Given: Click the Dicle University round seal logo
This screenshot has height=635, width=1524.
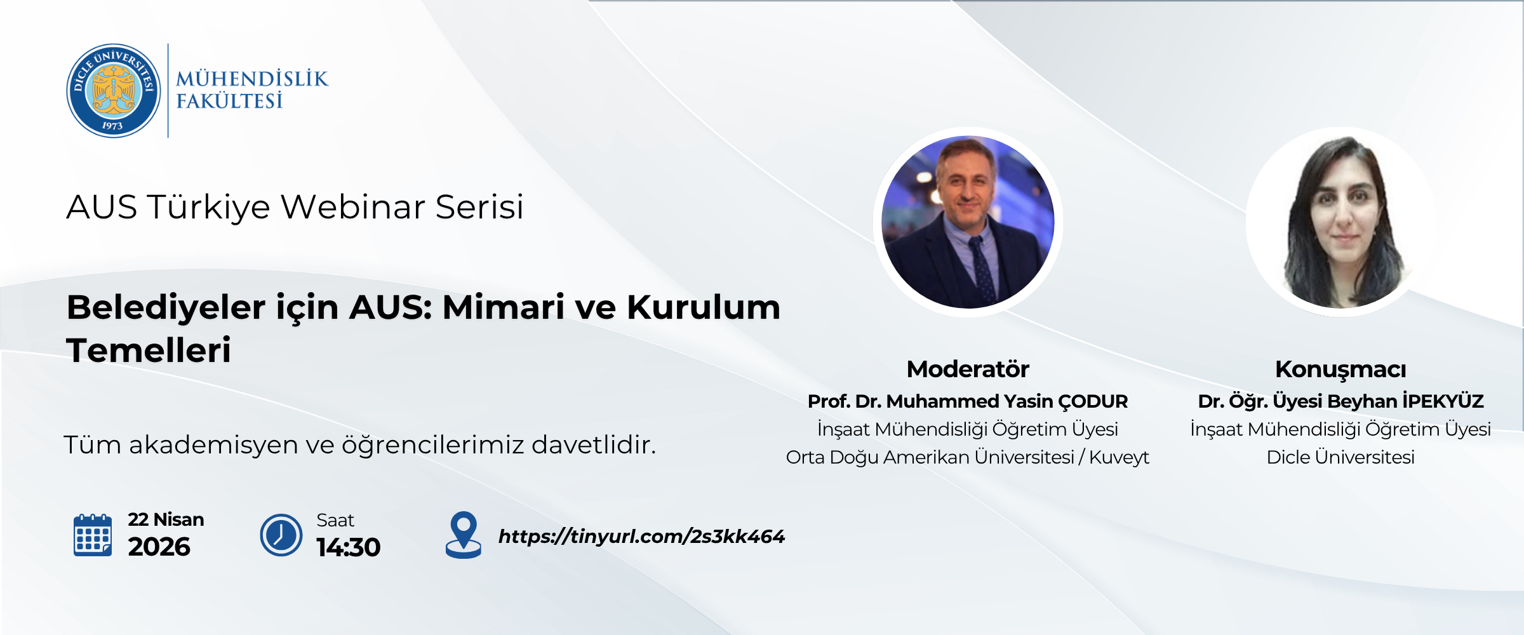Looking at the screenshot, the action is tap(114, 91).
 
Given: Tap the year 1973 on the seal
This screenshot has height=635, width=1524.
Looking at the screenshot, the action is tap(112, 126).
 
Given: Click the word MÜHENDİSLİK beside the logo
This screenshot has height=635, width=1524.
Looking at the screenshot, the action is tap(252, 79).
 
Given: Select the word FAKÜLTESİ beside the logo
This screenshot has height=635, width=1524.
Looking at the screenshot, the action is tap(229, 101).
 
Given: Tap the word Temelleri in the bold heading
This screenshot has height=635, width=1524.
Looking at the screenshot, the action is tap(149, 350).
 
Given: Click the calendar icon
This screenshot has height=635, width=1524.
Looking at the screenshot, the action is tap(93, 535).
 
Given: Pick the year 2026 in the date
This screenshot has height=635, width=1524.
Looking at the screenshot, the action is tap(159, 547).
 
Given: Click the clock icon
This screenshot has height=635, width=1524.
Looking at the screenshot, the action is tap(281, 535).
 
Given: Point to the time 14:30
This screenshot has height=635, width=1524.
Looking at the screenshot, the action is tap(349, 547).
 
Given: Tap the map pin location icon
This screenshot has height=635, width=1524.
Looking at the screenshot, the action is tap(464, 535).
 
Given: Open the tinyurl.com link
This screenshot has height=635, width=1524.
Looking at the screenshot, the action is tap(641, 537).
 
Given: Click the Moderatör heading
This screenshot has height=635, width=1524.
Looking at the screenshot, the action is tap(968, 369).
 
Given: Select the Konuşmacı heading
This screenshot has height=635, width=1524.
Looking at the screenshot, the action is tap(1340, 370).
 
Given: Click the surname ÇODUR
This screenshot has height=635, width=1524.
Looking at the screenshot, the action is tap(1093, 401).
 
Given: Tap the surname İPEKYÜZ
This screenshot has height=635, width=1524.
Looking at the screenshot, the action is tap(1443, 401).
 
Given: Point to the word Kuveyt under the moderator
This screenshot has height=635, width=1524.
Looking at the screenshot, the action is tap(1119, 457).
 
